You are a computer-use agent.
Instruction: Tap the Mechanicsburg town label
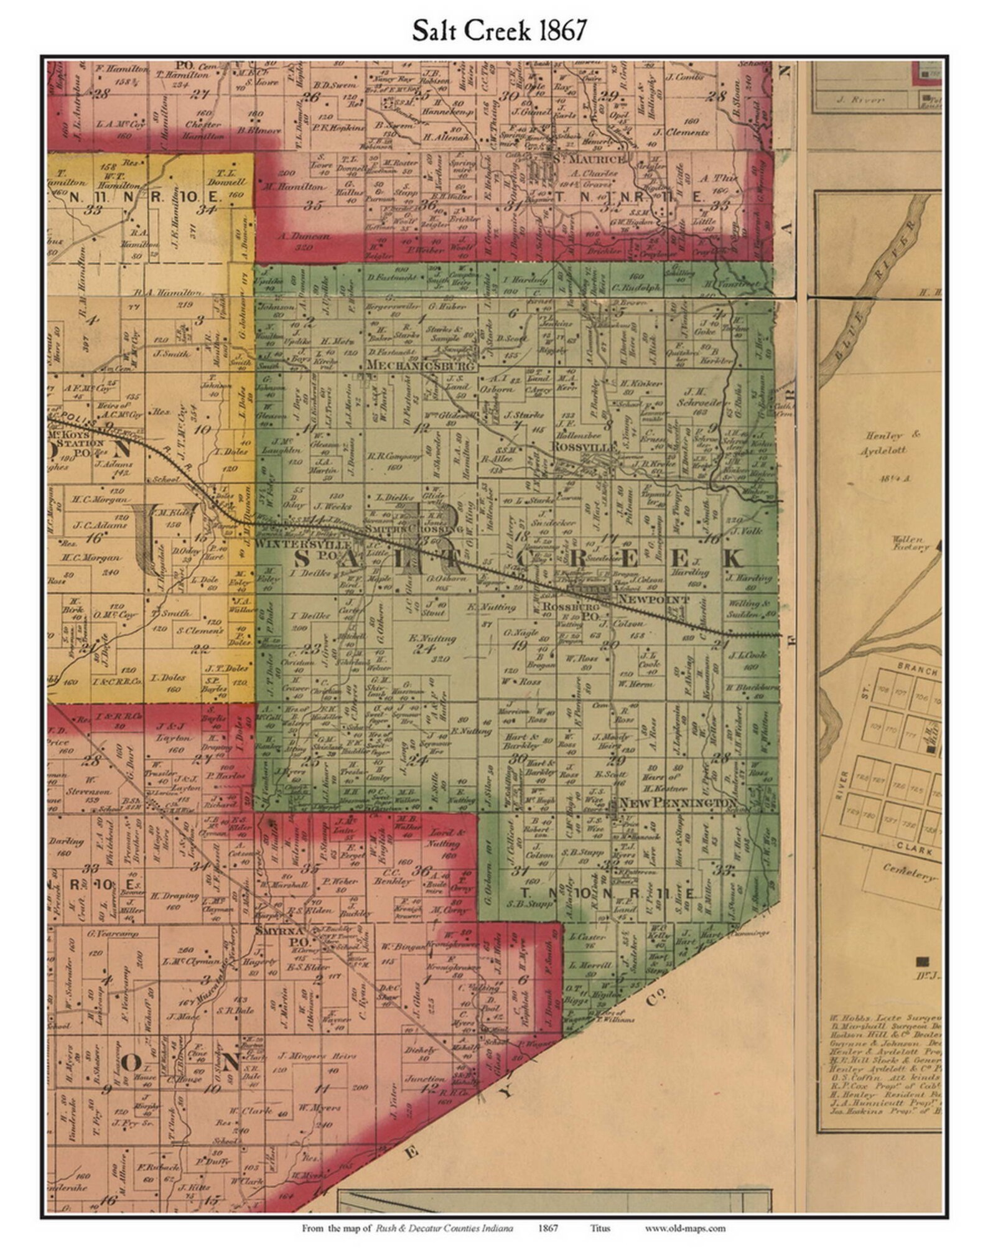(421, 366)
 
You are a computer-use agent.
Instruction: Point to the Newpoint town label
(653, 599)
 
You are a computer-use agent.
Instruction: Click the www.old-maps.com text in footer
(684, 1228)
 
